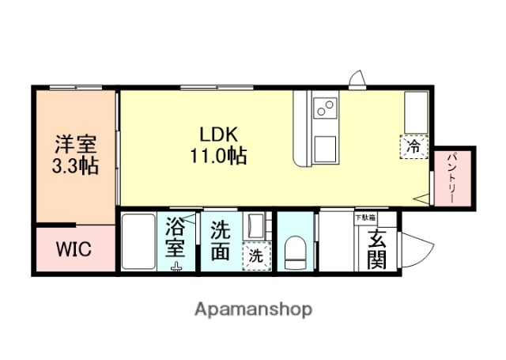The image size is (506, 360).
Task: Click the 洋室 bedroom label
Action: [x=75, y=145]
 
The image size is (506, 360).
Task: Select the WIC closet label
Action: [x=73, y=250]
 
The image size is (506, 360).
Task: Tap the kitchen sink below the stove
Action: [x=325, y=146]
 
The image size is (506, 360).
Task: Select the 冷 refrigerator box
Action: [x=413, y=146]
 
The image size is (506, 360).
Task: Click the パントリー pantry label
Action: [x=453, y=179]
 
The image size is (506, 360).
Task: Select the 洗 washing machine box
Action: [x=256, y=256]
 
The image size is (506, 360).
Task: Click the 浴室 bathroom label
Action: [x=176, y=241]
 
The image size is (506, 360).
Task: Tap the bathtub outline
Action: [x=139, y=241]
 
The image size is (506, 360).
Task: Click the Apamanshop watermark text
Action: [x=252, y=309]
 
